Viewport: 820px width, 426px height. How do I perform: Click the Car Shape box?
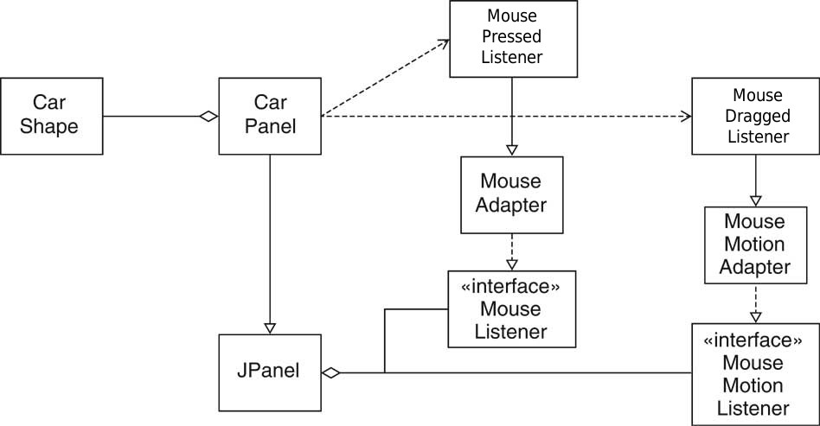tap(51, 116)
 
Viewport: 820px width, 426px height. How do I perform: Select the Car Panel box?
tap(269, 116)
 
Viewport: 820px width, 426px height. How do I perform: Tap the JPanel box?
tap(269, 372)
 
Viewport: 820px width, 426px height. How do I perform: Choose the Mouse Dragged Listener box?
tap(757, 117)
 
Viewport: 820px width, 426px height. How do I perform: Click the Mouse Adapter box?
tap(512, 194)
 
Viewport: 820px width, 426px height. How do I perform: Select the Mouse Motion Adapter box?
tap(756, 245)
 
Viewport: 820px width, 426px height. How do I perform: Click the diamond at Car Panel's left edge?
tap(208, 116)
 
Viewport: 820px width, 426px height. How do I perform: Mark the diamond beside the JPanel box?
tap(330, 373)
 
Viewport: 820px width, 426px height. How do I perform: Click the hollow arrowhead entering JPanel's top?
tap(270, 328)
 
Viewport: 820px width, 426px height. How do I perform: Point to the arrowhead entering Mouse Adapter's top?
tap(513, 150)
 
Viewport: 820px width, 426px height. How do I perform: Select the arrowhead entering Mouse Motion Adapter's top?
tap(756, 200)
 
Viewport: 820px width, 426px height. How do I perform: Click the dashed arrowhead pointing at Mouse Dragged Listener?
tap(687, 117)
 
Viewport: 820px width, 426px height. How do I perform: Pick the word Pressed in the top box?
tap(513, 37)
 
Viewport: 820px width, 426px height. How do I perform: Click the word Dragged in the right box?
tap(758, 117)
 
